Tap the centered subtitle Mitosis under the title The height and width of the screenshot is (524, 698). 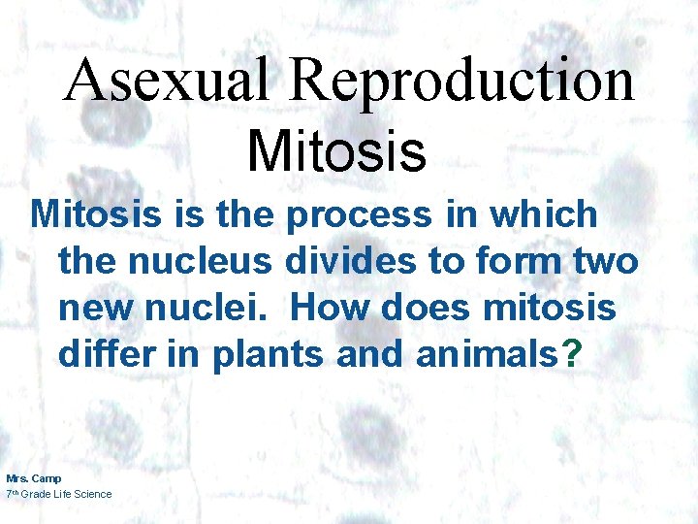336,151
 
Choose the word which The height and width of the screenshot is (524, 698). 544,214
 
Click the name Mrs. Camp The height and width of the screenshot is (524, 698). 33,478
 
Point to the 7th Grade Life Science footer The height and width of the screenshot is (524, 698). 59,494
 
